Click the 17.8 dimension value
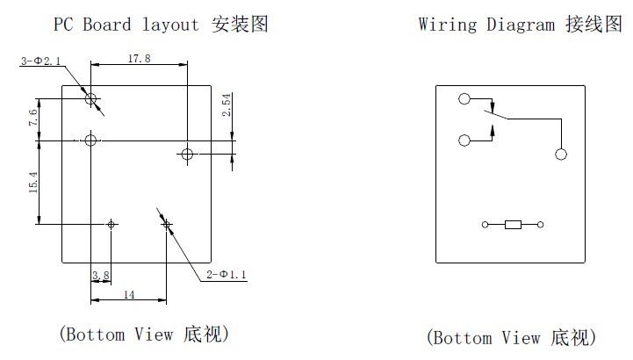coord(139,58)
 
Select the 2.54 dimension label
coord(226,107)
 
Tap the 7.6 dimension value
coord(32,119)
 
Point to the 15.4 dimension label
coord(32,183)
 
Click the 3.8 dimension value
coord(101,276)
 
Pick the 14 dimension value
coord(129,295)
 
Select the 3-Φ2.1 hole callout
coord(40,61)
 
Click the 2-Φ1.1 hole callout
coord(227,276)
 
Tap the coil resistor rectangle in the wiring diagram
coord(514,226)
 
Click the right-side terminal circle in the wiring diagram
coord(561,155)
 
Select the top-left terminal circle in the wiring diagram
coord(464,99)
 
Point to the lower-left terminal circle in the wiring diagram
coord(464,139)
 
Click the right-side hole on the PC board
coord(186,155)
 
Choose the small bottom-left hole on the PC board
coord(111,225)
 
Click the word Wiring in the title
coord(445,25)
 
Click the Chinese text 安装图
coord(240,25)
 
